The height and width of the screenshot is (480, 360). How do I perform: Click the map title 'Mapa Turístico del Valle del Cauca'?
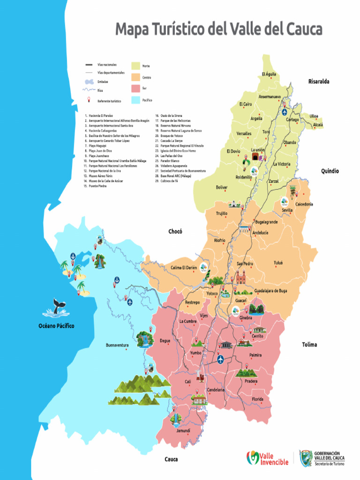click(x=219, y=30)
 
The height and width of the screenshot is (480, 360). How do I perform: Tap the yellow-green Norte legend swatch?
click(x=136, y=66)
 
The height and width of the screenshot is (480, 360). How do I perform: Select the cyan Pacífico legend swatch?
click(x=136, y=100)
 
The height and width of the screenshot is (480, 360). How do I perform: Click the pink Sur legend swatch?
click(x=136, y=88)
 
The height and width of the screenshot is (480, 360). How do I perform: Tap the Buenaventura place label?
click(x=117, y=345)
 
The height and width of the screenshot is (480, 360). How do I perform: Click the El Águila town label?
click(x=269, y=74)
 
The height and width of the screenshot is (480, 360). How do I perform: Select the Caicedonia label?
click(x=304, y=204)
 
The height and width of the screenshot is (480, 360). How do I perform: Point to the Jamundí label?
click(x=183, y=430)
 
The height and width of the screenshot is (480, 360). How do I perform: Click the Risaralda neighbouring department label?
click(x=319, y=82)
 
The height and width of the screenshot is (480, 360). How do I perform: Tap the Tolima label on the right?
click(x=309, y=345)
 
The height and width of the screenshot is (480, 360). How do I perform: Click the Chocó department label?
click(x=175, y=231)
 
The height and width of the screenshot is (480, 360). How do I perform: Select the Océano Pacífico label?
click(x=56, y=325)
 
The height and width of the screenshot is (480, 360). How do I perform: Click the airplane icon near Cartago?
click(x=285, y=112)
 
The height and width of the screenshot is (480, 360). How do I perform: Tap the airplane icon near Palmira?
click(x=220, y=360)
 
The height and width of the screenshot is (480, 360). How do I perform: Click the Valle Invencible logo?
click(x=268, y=458)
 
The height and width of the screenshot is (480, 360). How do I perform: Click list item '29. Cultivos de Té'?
click(x=169, y=181)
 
